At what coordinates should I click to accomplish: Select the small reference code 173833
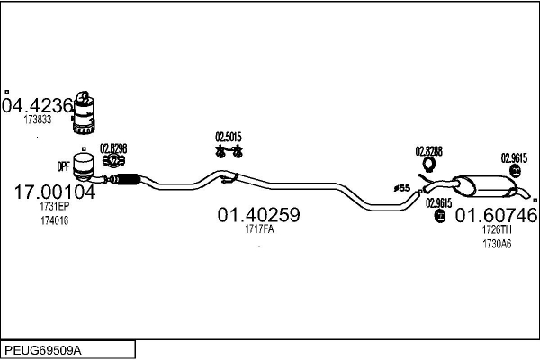point(38,119)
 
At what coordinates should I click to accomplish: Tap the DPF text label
point(64,166)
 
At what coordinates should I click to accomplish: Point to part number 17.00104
point(54,193)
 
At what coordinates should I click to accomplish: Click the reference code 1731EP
point(54,207)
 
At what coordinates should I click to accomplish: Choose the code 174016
point(54,220)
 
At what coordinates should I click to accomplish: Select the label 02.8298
point(113,148)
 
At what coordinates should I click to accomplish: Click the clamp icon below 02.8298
point(113,161)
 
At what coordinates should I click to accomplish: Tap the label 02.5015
point(229,137)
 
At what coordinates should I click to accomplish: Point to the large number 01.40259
point(258,216)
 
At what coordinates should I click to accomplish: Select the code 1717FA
point(259,229)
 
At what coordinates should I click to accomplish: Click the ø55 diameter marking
point(401,187)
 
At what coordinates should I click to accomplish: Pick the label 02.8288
point(429,150)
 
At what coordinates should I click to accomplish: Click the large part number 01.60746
point(496,216)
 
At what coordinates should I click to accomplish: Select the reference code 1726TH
point(496,229)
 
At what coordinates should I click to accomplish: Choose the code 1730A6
point(496,243)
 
